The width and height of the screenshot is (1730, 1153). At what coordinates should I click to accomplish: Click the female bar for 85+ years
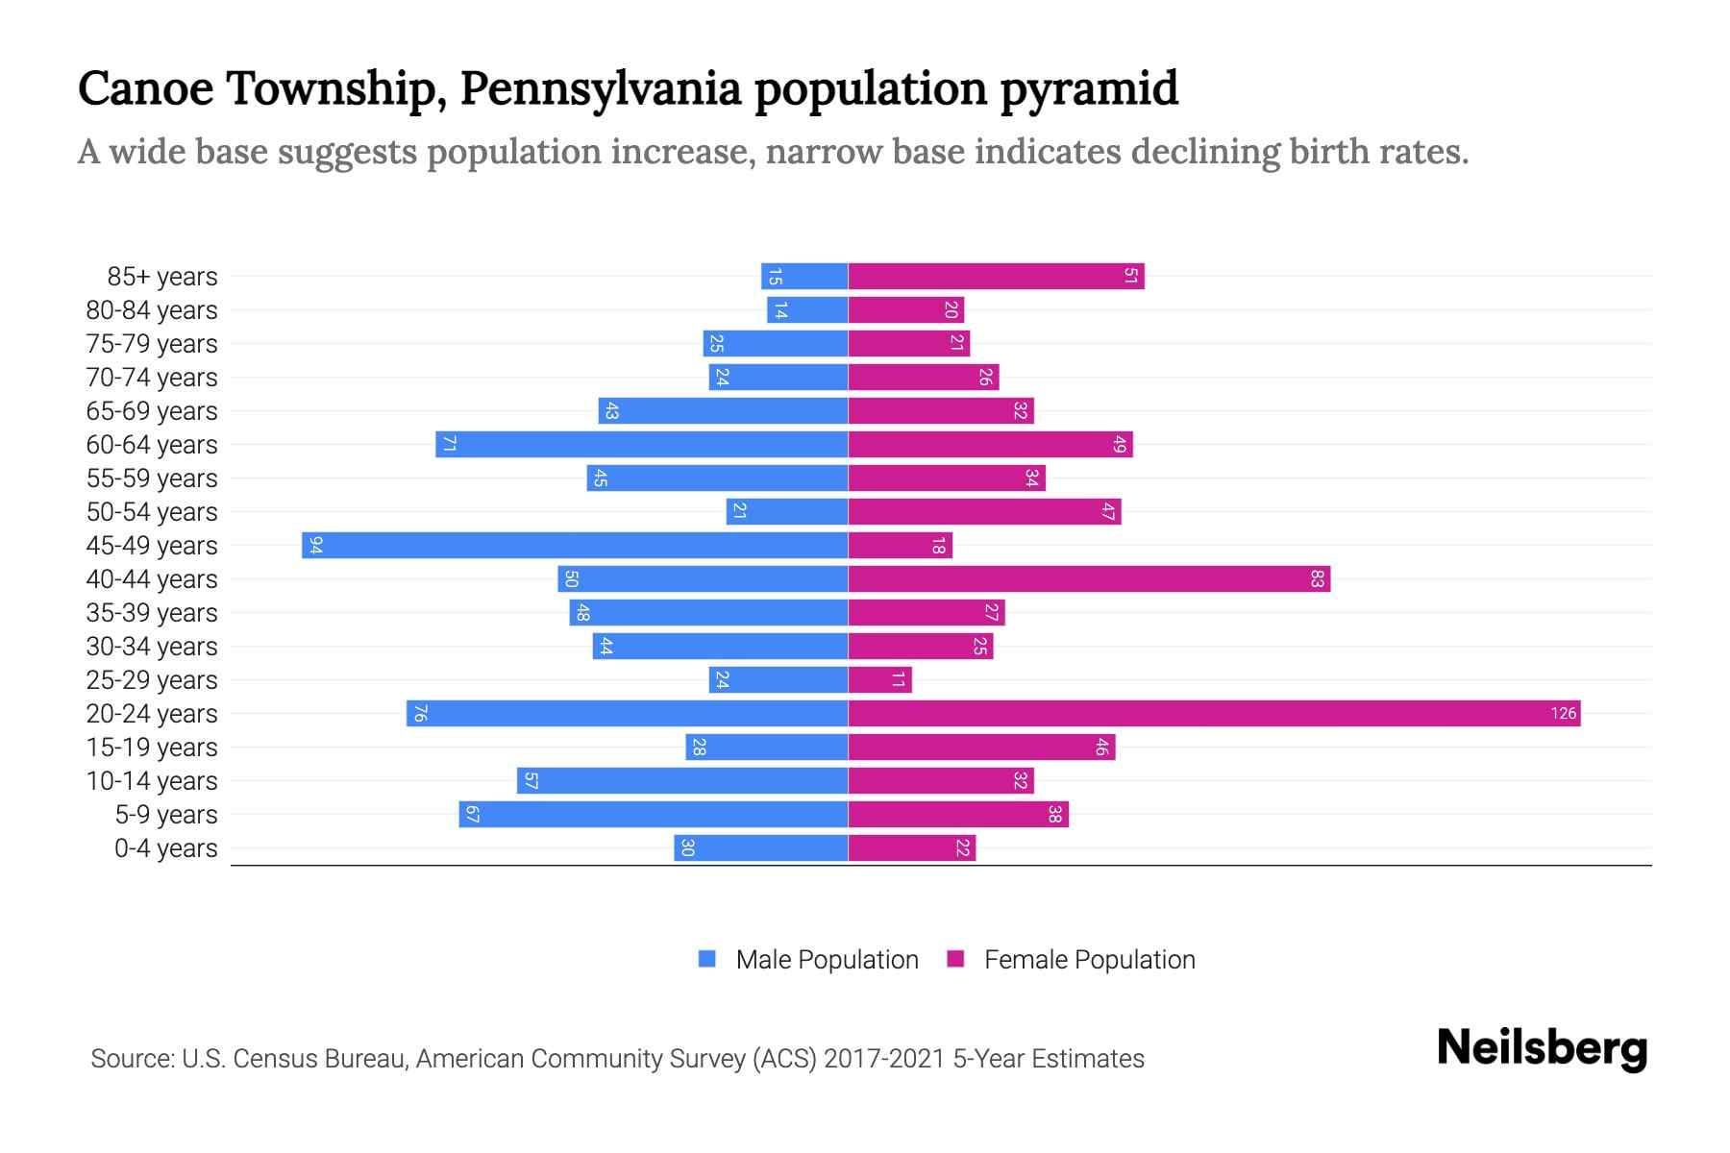tap(996, 277)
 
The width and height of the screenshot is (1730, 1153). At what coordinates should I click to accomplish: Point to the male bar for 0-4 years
tap(760, 847)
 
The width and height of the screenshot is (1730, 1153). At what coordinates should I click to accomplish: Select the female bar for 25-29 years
tap(879, 679)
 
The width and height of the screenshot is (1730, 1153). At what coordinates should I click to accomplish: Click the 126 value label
tap(1563, 713)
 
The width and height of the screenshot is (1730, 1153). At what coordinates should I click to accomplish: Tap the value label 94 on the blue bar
tap(315, 546)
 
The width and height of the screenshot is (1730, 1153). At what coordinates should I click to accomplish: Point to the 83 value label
tap(1317, 579)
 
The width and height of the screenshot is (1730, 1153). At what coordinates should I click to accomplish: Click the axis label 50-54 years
tap(152, 512)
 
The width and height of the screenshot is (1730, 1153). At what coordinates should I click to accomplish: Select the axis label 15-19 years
tap(152, 748)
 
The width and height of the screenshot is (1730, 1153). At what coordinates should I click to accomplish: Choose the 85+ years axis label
tap(162, 277)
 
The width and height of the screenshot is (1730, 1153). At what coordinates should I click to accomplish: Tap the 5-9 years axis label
tap(166, 815)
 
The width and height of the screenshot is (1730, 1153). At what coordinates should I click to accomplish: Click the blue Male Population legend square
tap(707, 959)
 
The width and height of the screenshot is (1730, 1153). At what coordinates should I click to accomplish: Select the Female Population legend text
tap(1089, 959)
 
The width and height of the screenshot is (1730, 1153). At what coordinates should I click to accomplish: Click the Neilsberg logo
tap(1542, 1047)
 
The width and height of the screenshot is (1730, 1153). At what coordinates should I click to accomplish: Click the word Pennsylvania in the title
tap(601, 88)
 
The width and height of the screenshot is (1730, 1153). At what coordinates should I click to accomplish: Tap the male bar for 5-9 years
tap(654, 814)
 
